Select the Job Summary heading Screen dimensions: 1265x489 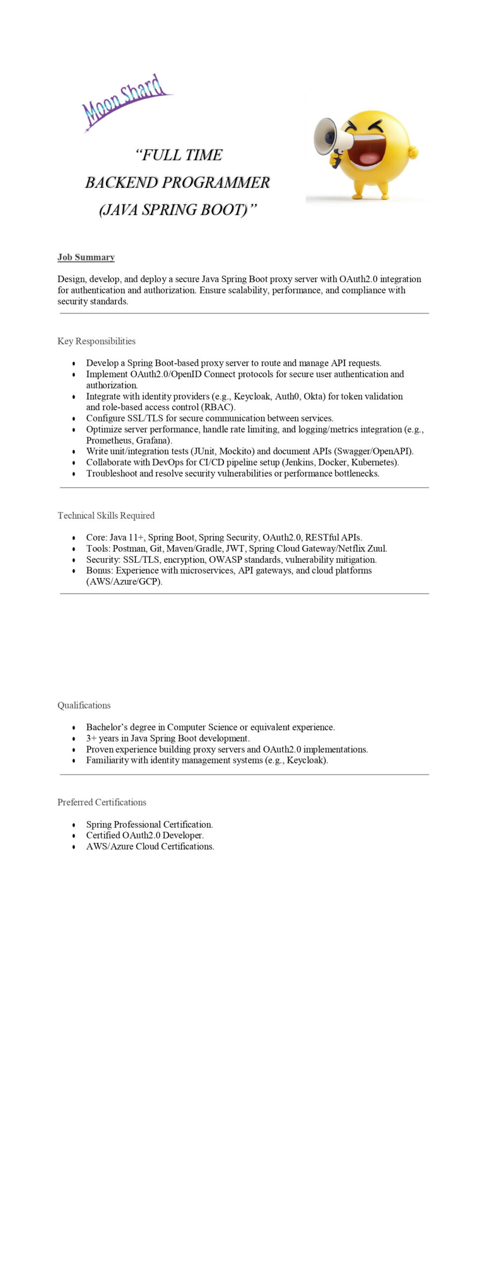[x=86, y=257]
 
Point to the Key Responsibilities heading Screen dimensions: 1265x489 [x=96, y=341]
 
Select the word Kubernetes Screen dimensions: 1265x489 [x=373, y=463]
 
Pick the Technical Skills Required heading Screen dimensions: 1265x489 [x=106, y=515]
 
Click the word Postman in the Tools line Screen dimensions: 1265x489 [x=129, y=548]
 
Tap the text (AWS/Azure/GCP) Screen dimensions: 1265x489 [x=124, y=582]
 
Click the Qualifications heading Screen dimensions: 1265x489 [x=84, y=705]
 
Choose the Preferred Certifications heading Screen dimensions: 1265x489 [x=102, y=802]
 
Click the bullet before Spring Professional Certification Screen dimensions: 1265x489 [x=74, y=825]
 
